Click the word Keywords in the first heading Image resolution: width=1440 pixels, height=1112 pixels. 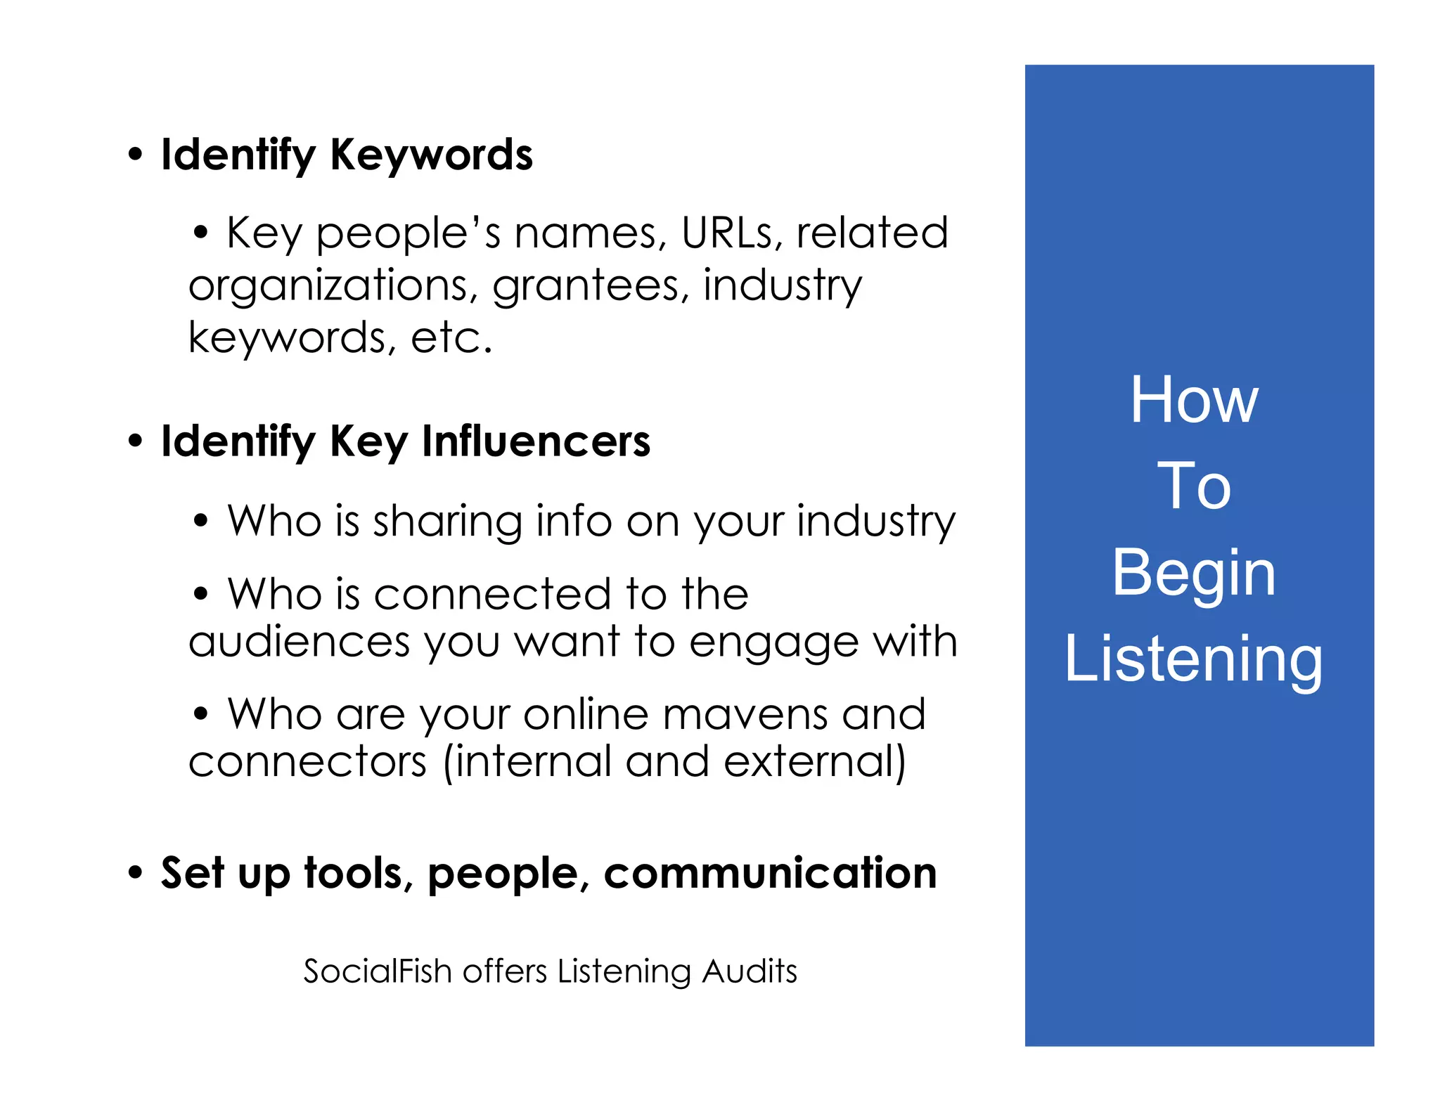(x=431, y=155)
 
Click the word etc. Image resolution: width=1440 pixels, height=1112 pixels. (x=451, y=338)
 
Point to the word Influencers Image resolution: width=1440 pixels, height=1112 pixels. (x=536, y=441)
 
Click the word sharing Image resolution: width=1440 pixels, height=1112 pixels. (x=447, y=522)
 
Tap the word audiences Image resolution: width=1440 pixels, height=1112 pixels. (x=299, y=642)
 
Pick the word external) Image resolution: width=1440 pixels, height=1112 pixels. (x=815, y=762)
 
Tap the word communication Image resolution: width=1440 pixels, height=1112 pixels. (x=770, y=874)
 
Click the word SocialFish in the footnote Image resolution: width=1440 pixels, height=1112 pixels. (x=377, y=971)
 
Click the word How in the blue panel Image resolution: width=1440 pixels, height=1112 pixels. (x=1194, y=400)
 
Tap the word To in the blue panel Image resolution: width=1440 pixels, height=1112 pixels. (x=1194, y=486)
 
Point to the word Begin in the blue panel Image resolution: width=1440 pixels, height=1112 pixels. (x=1194, y=574)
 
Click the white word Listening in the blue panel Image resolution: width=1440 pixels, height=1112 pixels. (x=1194, y=659)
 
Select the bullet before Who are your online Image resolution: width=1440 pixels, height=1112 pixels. (x=201, y=714)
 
